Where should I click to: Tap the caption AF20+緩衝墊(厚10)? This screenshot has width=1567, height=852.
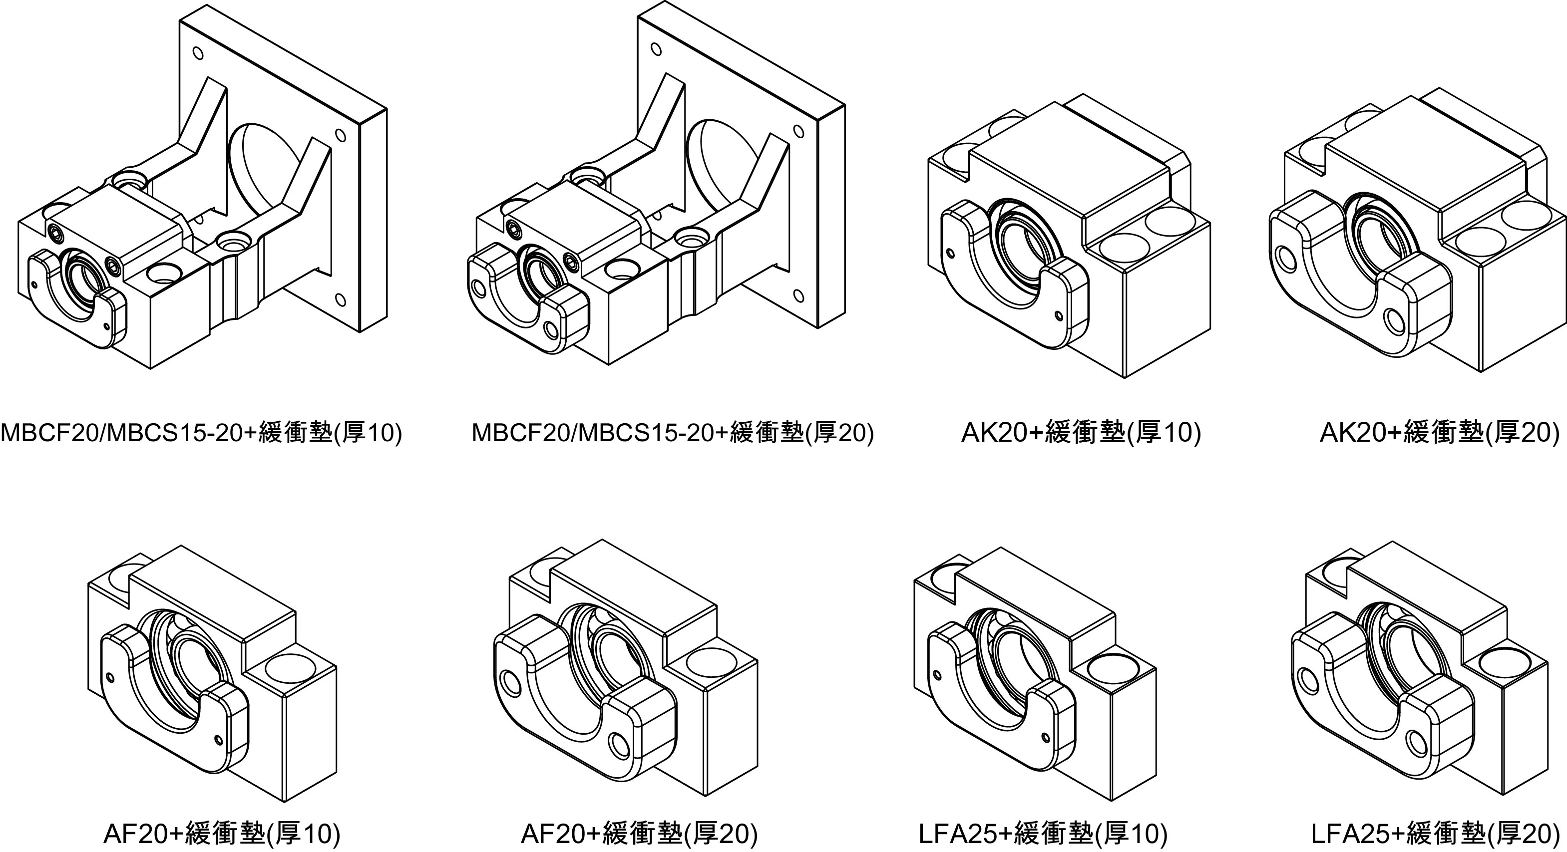click(222, 834)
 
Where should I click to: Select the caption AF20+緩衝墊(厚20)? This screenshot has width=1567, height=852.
click(639, 834)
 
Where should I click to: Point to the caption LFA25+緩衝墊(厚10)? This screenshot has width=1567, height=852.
click(1043, 834)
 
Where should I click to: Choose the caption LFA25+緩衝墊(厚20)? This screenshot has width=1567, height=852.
click(1436, 834)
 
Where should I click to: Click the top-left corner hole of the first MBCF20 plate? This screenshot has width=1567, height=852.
click(198, 53)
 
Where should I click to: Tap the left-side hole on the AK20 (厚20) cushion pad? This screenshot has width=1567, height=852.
click(1286, 259)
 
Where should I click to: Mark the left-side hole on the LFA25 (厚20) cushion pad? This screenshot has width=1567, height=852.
click(1305, 678)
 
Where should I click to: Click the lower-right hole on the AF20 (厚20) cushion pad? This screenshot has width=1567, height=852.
click(621, 744)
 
